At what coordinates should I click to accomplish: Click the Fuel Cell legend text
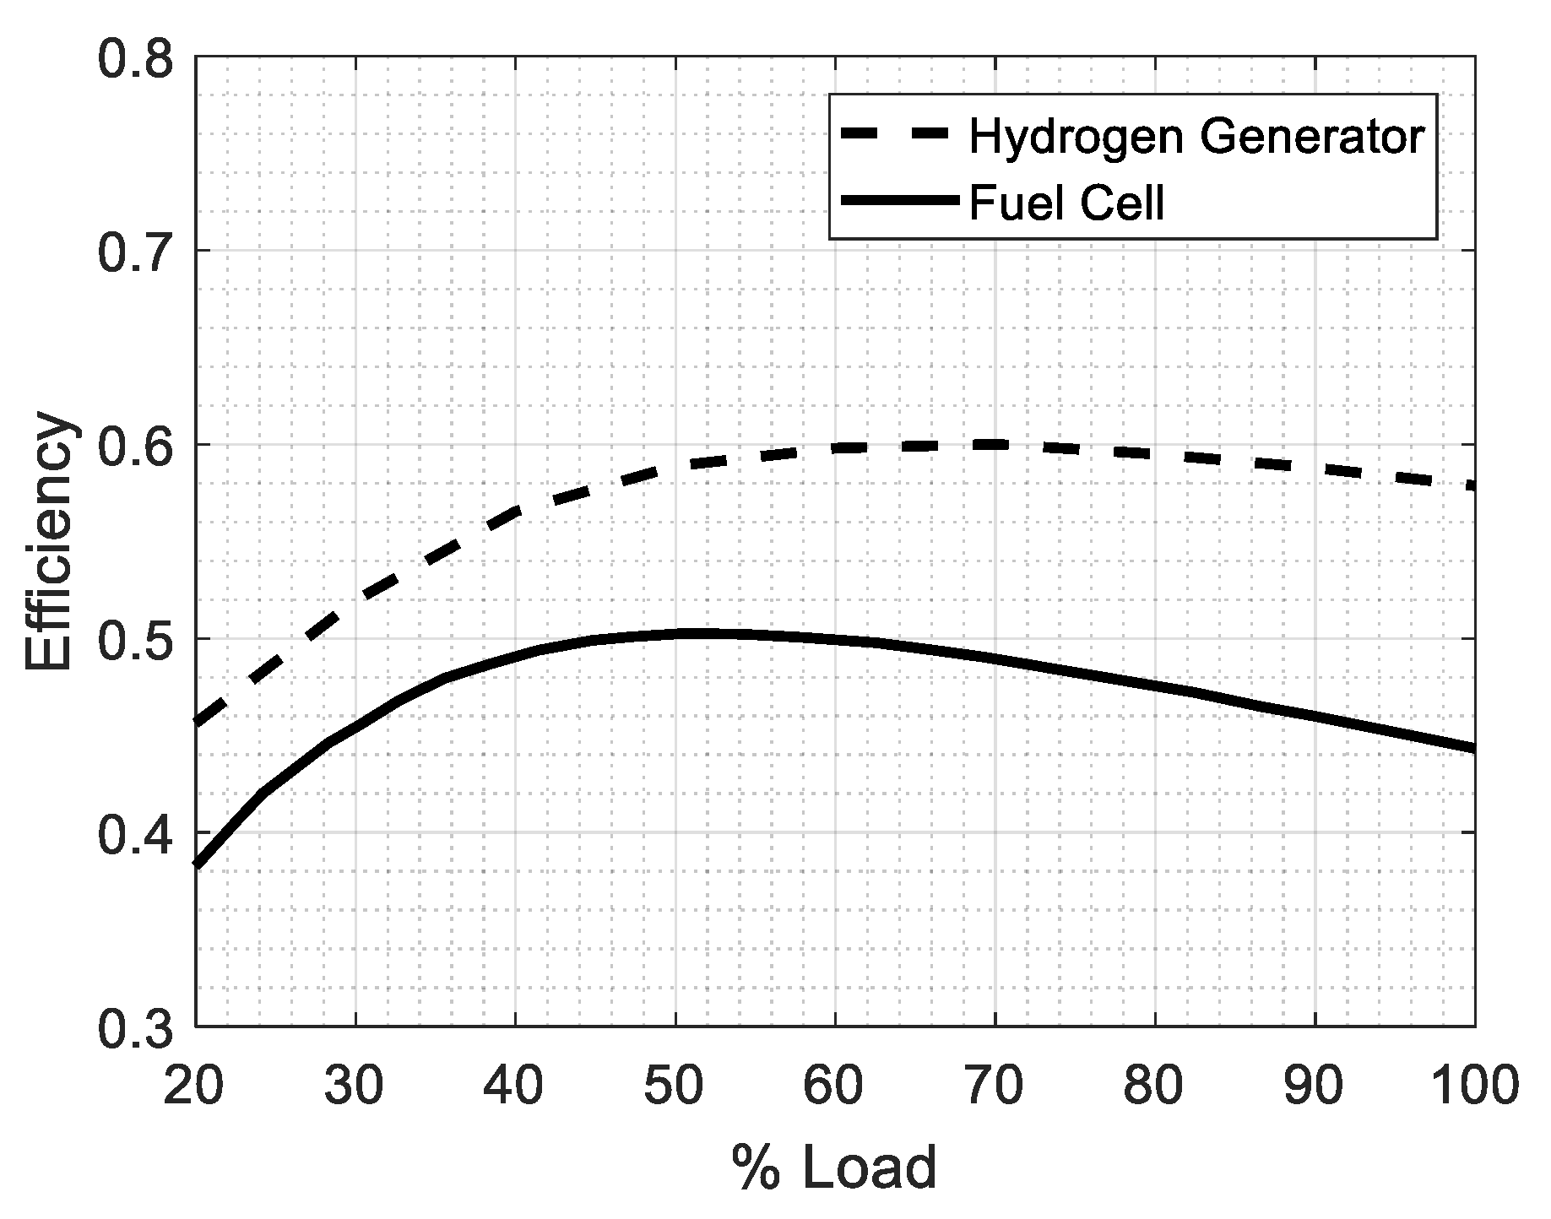(1066, 203)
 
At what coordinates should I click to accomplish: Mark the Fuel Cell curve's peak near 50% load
(701, 633)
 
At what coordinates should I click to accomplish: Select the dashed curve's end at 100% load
(1471, 486)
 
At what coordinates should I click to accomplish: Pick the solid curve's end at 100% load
(1472, 748)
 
